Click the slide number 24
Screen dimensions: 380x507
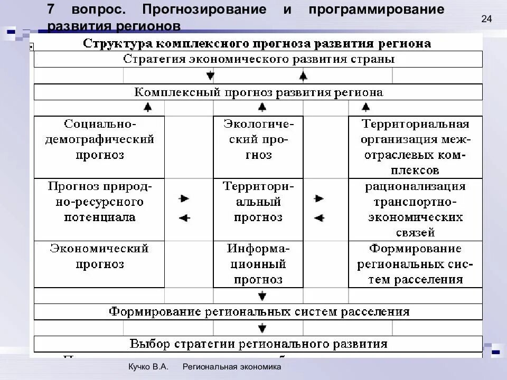(486, 20)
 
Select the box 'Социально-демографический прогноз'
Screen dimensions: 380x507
(99, 147)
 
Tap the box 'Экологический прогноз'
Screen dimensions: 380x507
(258, 147)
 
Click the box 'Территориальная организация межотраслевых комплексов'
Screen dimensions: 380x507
(415, 147)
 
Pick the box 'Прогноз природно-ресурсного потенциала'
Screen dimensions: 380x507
(99, 209)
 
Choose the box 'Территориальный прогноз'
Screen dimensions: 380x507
(258, 209)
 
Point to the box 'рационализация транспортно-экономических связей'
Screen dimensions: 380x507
(415, 209)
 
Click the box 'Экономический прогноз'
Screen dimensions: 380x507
(99, 264)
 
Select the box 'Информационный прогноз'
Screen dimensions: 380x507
(258, 264)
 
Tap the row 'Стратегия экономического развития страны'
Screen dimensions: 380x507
(258, 59)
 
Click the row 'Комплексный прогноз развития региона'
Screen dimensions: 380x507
(258, 92)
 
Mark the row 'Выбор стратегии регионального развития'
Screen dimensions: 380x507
(258, 344)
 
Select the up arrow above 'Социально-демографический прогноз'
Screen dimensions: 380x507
(148, 108)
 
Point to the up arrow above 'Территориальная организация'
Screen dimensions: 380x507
(366, 108)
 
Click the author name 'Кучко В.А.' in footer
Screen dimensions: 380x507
(148, 367)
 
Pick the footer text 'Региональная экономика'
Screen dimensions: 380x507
(232, 367)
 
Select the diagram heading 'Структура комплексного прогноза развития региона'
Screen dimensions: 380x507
(257, 43)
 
